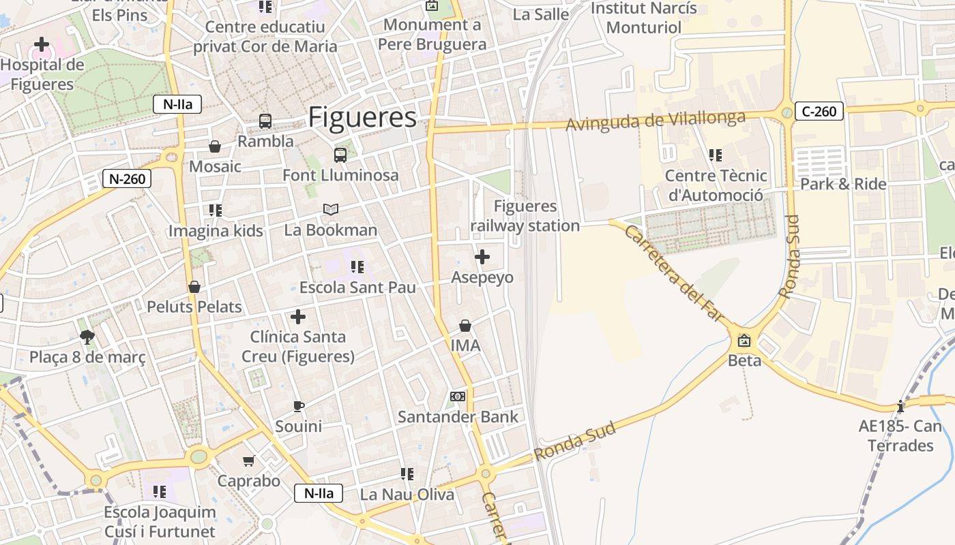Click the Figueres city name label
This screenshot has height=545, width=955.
(362, 117)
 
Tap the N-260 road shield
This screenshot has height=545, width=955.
(126, 179)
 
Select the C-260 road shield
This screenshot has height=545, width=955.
(819, 111)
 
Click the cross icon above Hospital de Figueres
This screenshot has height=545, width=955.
(42, 45)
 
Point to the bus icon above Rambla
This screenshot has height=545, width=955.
(265, 121)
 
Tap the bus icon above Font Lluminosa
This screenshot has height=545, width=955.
(340, 155)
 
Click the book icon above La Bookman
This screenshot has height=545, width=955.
(331, 209)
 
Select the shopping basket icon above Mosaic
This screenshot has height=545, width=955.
(215, 146)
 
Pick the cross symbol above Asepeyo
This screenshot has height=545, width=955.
(482, 257)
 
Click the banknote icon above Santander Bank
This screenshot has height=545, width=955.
(458, 396)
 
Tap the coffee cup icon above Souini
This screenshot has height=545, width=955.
(298, 406)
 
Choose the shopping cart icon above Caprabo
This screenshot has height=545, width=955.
(249, 461)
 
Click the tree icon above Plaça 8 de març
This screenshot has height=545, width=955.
(87, 337)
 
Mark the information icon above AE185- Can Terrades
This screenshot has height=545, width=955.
(900, 407)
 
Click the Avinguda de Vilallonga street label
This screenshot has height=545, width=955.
(656, 121)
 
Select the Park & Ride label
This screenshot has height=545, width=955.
(843, 184)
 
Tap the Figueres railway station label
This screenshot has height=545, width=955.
(525, 216)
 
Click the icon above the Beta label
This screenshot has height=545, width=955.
(744, 340)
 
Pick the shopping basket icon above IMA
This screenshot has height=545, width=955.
(465, 326)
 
